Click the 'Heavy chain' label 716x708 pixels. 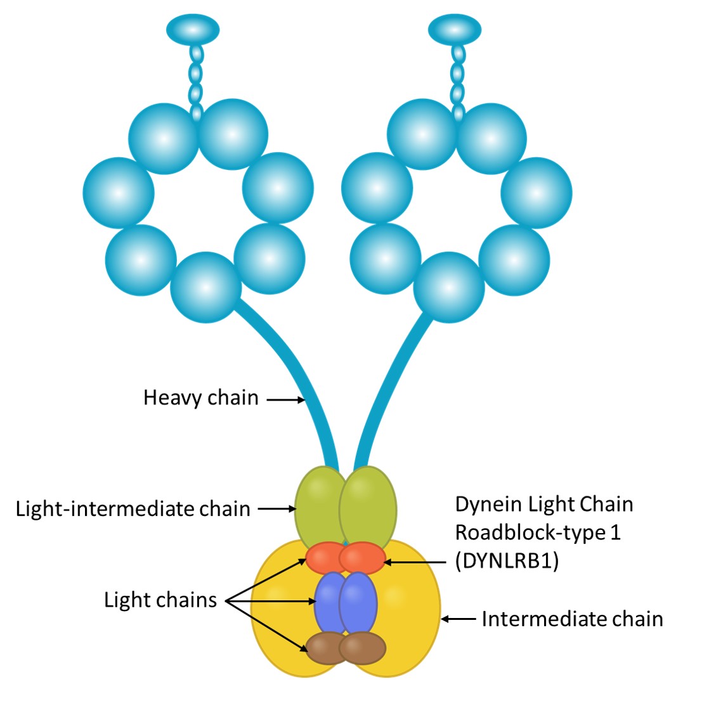point(200,398)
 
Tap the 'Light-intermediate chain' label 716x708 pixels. point(133,509)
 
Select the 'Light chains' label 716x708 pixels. point(160,600)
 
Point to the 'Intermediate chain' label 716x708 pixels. point(572,619)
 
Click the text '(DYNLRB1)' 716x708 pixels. point(507,562)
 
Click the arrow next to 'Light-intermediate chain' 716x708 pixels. point(277,508)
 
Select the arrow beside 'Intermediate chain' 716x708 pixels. point(458,619)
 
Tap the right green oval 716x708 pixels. point(368,507)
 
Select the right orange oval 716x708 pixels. point(363,558)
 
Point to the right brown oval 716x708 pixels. point(363,648)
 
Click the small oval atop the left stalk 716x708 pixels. point(193,29)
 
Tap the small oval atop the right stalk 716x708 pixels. point(455,29)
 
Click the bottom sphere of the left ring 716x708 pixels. point(206,287)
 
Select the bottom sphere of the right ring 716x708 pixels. point(449,287)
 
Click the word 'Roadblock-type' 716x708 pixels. point(530,532)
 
